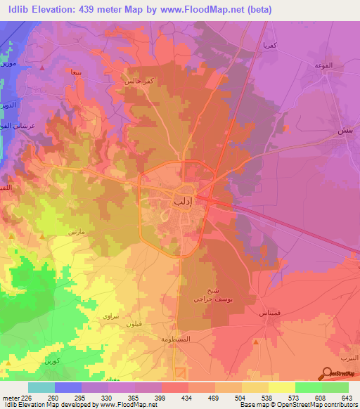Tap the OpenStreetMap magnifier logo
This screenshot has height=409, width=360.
[x=327, y=373]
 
